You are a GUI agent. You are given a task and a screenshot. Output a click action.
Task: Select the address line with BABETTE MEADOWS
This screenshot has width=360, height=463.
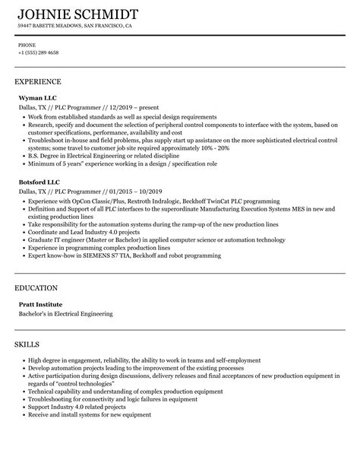(75, 26)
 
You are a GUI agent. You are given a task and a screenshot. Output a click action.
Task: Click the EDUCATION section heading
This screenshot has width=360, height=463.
(36, 288)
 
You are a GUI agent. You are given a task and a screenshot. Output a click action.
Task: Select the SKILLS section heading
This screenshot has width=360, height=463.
(29, 345)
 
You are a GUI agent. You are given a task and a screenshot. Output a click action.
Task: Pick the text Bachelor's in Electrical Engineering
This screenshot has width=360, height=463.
(65, 313)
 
